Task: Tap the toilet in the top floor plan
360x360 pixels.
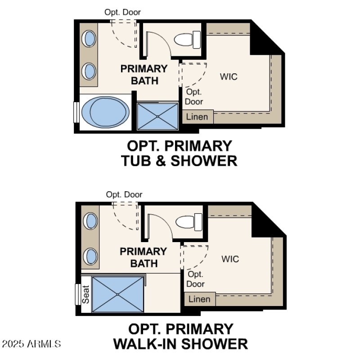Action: (x=187, y=39)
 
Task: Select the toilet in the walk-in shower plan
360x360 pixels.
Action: (x=189, y=221)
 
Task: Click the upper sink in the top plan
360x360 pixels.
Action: (x=89, y=38)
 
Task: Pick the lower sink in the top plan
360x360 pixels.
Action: (x=89, y=71)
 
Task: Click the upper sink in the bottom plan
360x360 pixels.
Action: (x=91, y=221)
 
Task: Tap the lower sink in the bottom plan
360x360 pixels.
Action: (x=91, y=256)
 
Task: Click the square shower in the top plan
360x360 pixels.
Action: (x=157, y=116)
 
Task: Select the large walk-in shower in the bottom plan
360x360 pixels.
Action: (x=117, y=294)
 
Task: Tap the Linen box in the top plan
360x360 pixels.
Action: (x=198, y=117)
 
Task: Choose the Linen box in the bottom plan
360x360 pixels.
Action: (x=199, y=299)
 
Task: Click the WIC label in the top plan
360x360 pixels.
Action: (x=228, y=76)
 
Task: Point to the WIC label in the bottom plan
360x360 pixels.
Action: (x=230, y=259)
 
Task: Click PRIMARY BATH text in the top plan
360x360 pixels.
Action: (x=144, y=75)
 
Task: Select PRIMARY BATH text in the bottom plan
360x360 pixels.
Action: (x=144, y=257)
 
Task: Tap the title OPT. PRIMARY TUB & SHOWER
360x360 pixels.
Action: (x=179, y=153)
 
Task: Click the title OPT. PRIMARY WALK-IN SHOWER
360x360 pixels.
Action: (x=180, y=336)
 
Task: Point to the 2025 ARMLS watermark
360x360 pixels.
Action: (x=31, y=344)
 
